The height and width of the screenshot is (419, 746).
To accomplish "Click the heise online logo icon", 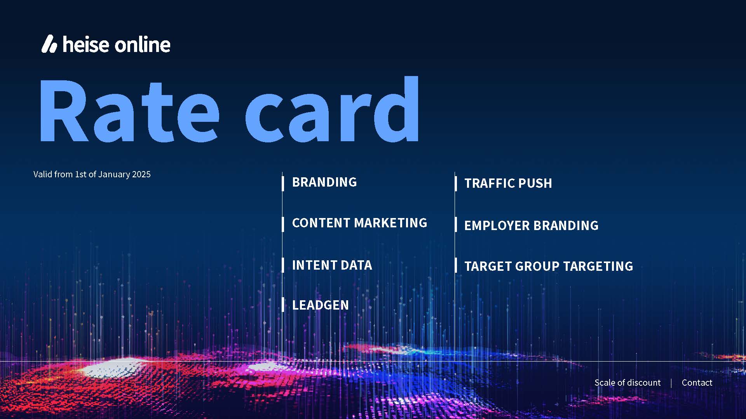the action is click(x=49, y=44).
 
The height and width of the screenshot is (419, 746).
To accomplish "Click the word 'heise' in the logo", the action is click(x=86, y=44).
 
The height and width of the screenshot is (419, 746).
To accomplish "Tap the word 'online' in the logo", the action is click(x=143, y=44).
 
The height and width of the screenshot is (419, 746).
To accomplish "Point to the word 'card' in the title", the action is click(x=332, y=109).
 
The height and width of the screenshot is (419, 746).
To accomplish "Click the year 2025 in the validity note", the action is click(x=141, y=175).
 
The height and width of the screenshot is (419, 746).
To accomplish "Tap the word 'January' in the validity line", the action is click(x=114, y=175).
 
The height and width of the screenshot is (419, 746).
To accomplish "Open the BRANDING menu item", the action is click(x=324, y=182).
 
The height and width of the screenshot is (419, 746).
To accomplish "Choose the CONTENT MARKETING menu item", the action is click(x=359, y=223).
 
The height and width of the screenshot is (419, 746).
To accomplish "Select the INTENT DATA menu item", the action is click(x=332, y=265).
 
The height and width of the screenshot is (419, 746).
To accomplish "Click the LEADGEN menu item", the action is click(x=321, y=305).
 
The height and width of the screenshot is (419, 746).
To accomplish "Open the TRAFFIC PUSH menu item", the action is click(x=508, y=184).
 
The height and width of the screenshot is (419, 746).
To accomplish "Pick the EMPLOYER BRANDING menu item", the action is click(x=532, y=226).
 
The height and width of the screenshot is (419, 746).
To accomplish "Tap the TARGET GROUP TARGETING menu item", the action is click(x=549, y=267).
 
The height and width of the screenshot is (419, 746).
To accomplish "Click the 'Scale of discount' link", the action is click(x=627, y=383).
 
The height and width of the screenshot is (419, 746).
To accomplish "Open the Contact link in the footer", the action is click(x=697, y=383).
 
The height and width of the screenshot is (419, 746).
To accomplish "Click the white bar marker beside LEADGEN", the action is click(x=283, y=305).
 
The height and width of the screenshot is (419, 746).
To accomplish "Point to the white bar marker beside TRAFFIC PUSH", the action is click(x=456, y=184).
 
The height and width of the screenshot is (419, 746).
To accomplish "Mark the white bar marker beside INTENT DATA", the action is click(x=283, y=265).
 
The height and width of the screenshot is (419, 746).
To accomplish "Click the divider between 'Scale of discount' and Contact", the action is click(x=671, y=383).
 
